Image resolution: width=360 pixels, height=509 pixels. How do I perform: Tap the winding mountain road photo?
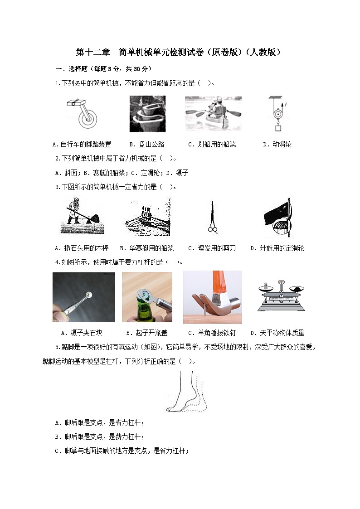tap(147, 113)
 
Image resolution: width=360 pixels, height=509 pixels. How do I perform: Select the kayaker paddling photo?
tap(213, 113)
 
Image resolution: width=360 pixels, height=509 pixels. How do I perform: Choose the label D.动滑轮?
tap(277, 145)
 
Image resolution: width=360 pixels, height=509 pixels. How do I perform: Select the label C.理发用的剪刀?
tap(212, 248)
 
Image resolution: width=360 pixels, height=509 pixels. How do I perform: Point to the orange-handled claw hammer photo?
tap(212, 297)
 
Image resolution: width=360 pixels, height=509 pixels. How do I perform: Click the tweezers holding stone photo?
tap(83, 297)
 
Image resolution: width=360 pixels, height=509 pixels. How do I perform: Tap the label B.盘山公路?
tap(147, 145)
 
